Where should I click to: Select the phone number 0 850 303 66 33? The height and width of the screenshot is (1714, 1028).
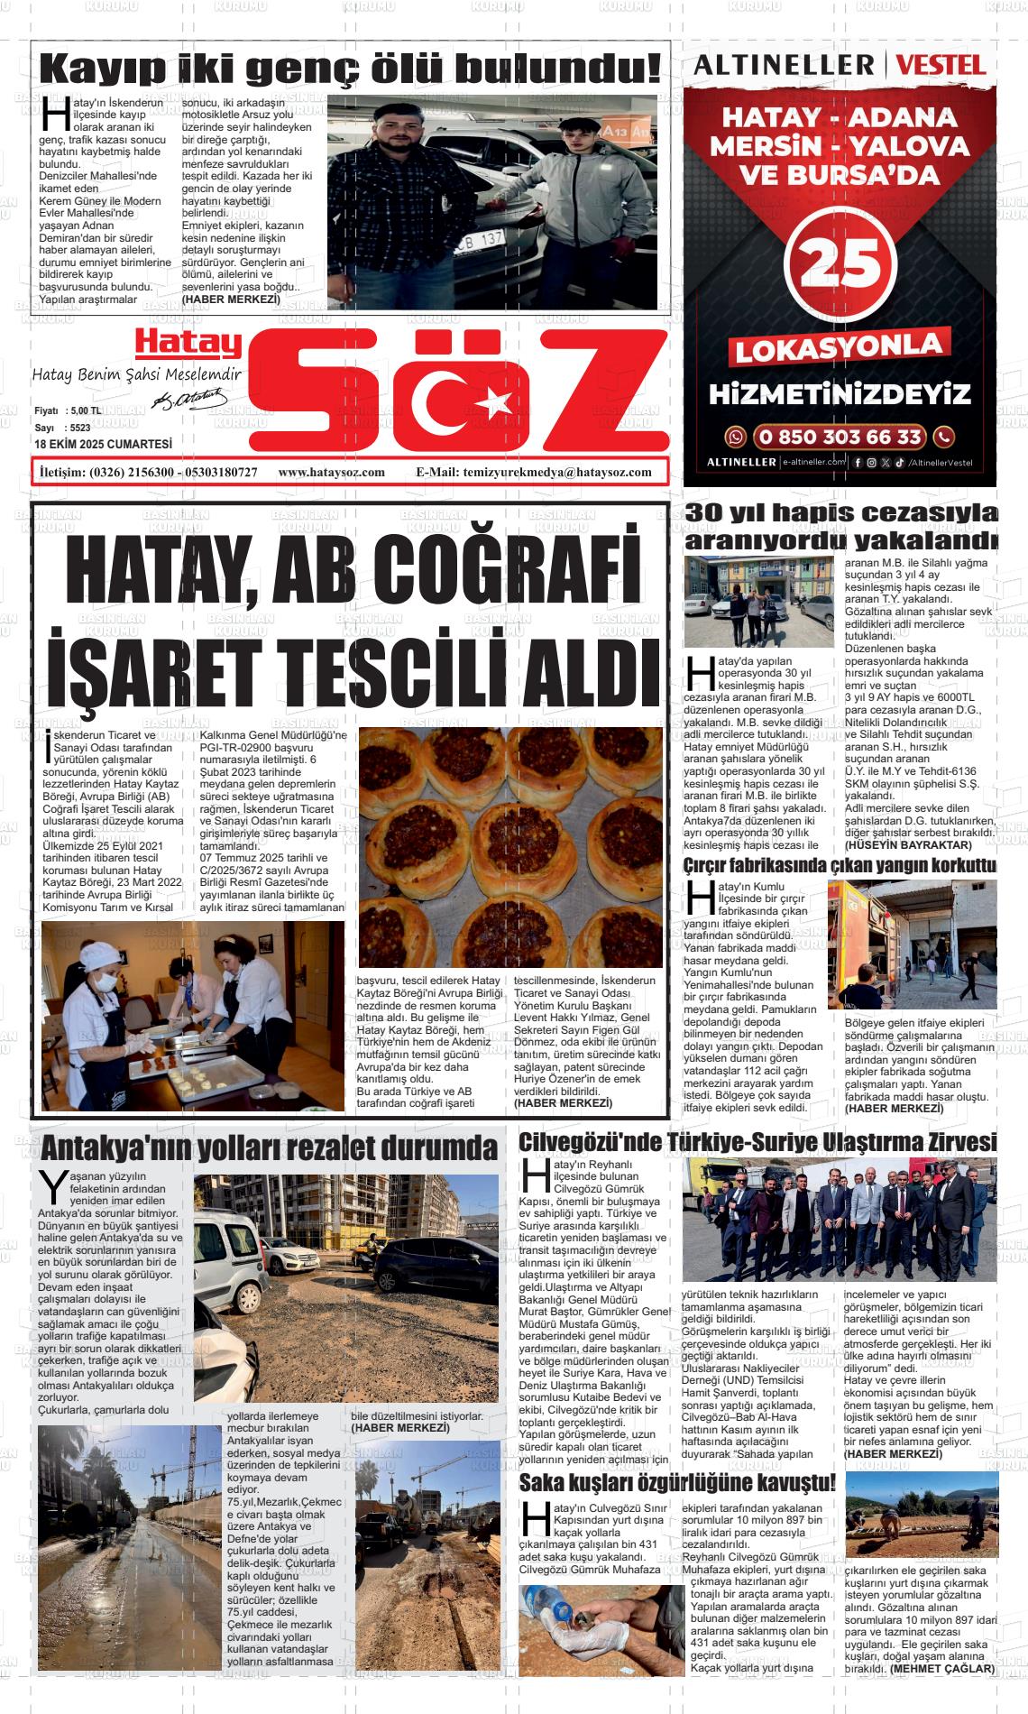tap(839, 438)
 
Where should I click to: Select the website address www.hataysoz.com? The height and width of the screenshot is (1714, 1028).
tap(331, 472)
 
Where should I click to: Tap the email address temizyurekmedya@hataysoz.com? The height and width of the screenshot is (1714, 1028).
tap(533, 472)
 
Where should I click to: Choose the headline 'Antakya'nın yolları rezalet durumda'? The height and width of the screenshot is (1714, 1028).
tap(269, 1147)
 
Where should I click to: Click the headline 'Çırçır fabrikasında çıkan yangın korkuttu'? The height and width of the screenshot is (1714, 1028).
tap(840, 866)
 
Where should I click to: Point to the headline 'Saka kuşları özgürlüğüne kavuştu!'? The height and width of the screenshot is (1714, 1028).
tap(677, 1482)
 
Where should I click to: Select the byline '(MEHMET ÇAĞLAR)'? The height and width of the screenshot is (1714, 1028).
tap(942, 1669)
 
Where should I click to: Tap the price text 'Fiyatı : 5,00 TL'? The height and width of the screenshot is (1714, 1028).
tap(68, 410)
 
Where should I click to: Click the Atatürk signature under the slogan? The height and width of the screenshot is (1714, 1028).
tap(190, 397)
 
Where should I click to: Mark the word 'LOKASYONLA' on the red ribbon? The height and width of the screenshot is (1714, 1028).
tap(839, 347)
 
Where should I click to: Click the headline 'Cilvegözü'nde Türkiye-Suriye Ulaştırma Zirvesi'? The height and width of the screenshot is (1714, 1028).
tap(757, 1142)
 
